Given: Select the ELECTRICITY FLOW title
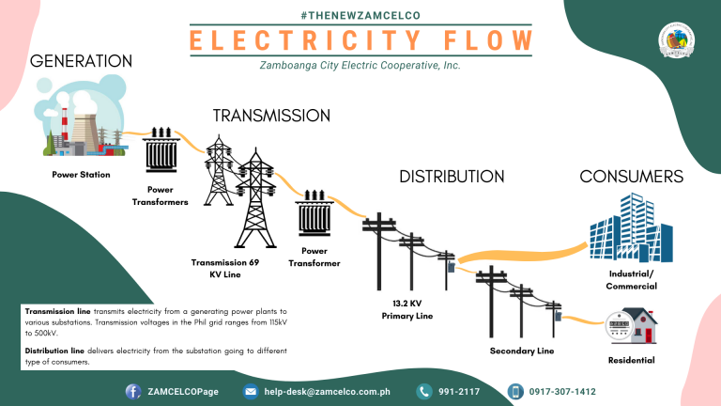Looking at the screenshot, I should click(360, 41).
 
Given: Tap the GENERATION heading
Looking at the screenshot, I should click(81, 61).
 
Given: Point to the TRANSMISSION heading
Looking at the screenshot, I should click(271, 116).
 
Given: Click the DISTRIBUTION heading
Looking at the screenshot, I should click(452, 176).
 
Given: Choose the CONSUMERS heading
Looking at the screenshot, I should click(631, 176).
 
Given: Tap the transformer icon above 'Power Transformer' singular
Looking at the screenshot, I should click(314, 215).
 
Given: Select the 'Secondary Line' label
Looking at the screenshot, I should click(521, 351).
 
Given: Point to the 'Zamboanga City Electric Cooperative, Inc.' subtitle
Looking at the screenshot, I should click(360, 66).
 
